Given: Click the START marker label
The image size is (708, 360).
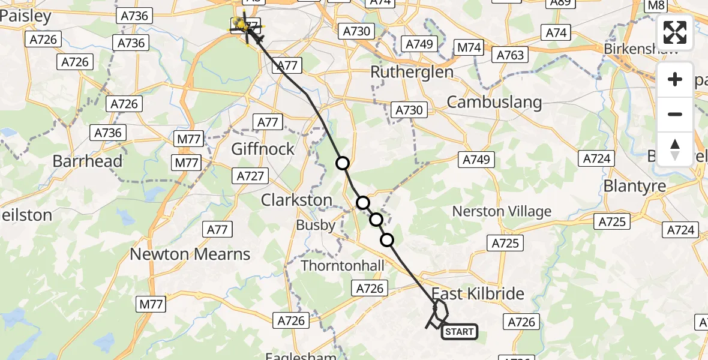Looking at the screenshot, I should click(x=460, y=331).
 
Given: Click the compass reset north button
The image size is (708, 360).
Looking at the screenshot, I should click(x=675, y=149).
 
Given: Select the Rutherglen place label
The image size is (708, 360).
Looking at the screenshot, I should click(x=412, y=72).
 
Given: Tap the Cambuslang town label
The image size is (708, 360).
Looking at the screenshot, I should click(x=494, y=102).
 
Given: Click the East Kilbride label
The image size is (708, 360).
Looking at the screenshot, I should click(x=478, y=293).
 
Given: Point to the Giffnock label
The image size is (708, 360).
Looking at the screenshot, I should click(x=264, y=148).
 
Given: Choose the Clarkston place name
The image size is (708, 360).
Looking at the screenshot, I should click(x=296, y=200).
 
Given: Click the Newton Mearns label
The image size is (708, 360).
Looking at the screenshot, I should click(x=190, y=254).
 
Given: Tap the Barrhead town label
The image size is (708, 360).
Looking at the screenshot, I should click(x=88, y=161).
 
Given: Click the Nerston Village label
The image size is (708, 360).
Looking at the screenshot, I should click(x=502, y=211).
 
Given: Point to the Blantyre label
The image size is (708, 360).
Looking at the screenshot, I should click(x=634, y=186).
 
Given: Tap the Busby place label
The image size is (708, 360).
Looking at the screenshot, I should click(x=316, y=225).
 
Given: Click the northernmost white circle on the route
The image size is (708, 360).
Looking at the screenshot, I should click(x=343, y=163).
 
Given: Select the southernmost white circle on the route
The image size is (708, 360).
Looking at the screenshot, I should click(x=388, y=241).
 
